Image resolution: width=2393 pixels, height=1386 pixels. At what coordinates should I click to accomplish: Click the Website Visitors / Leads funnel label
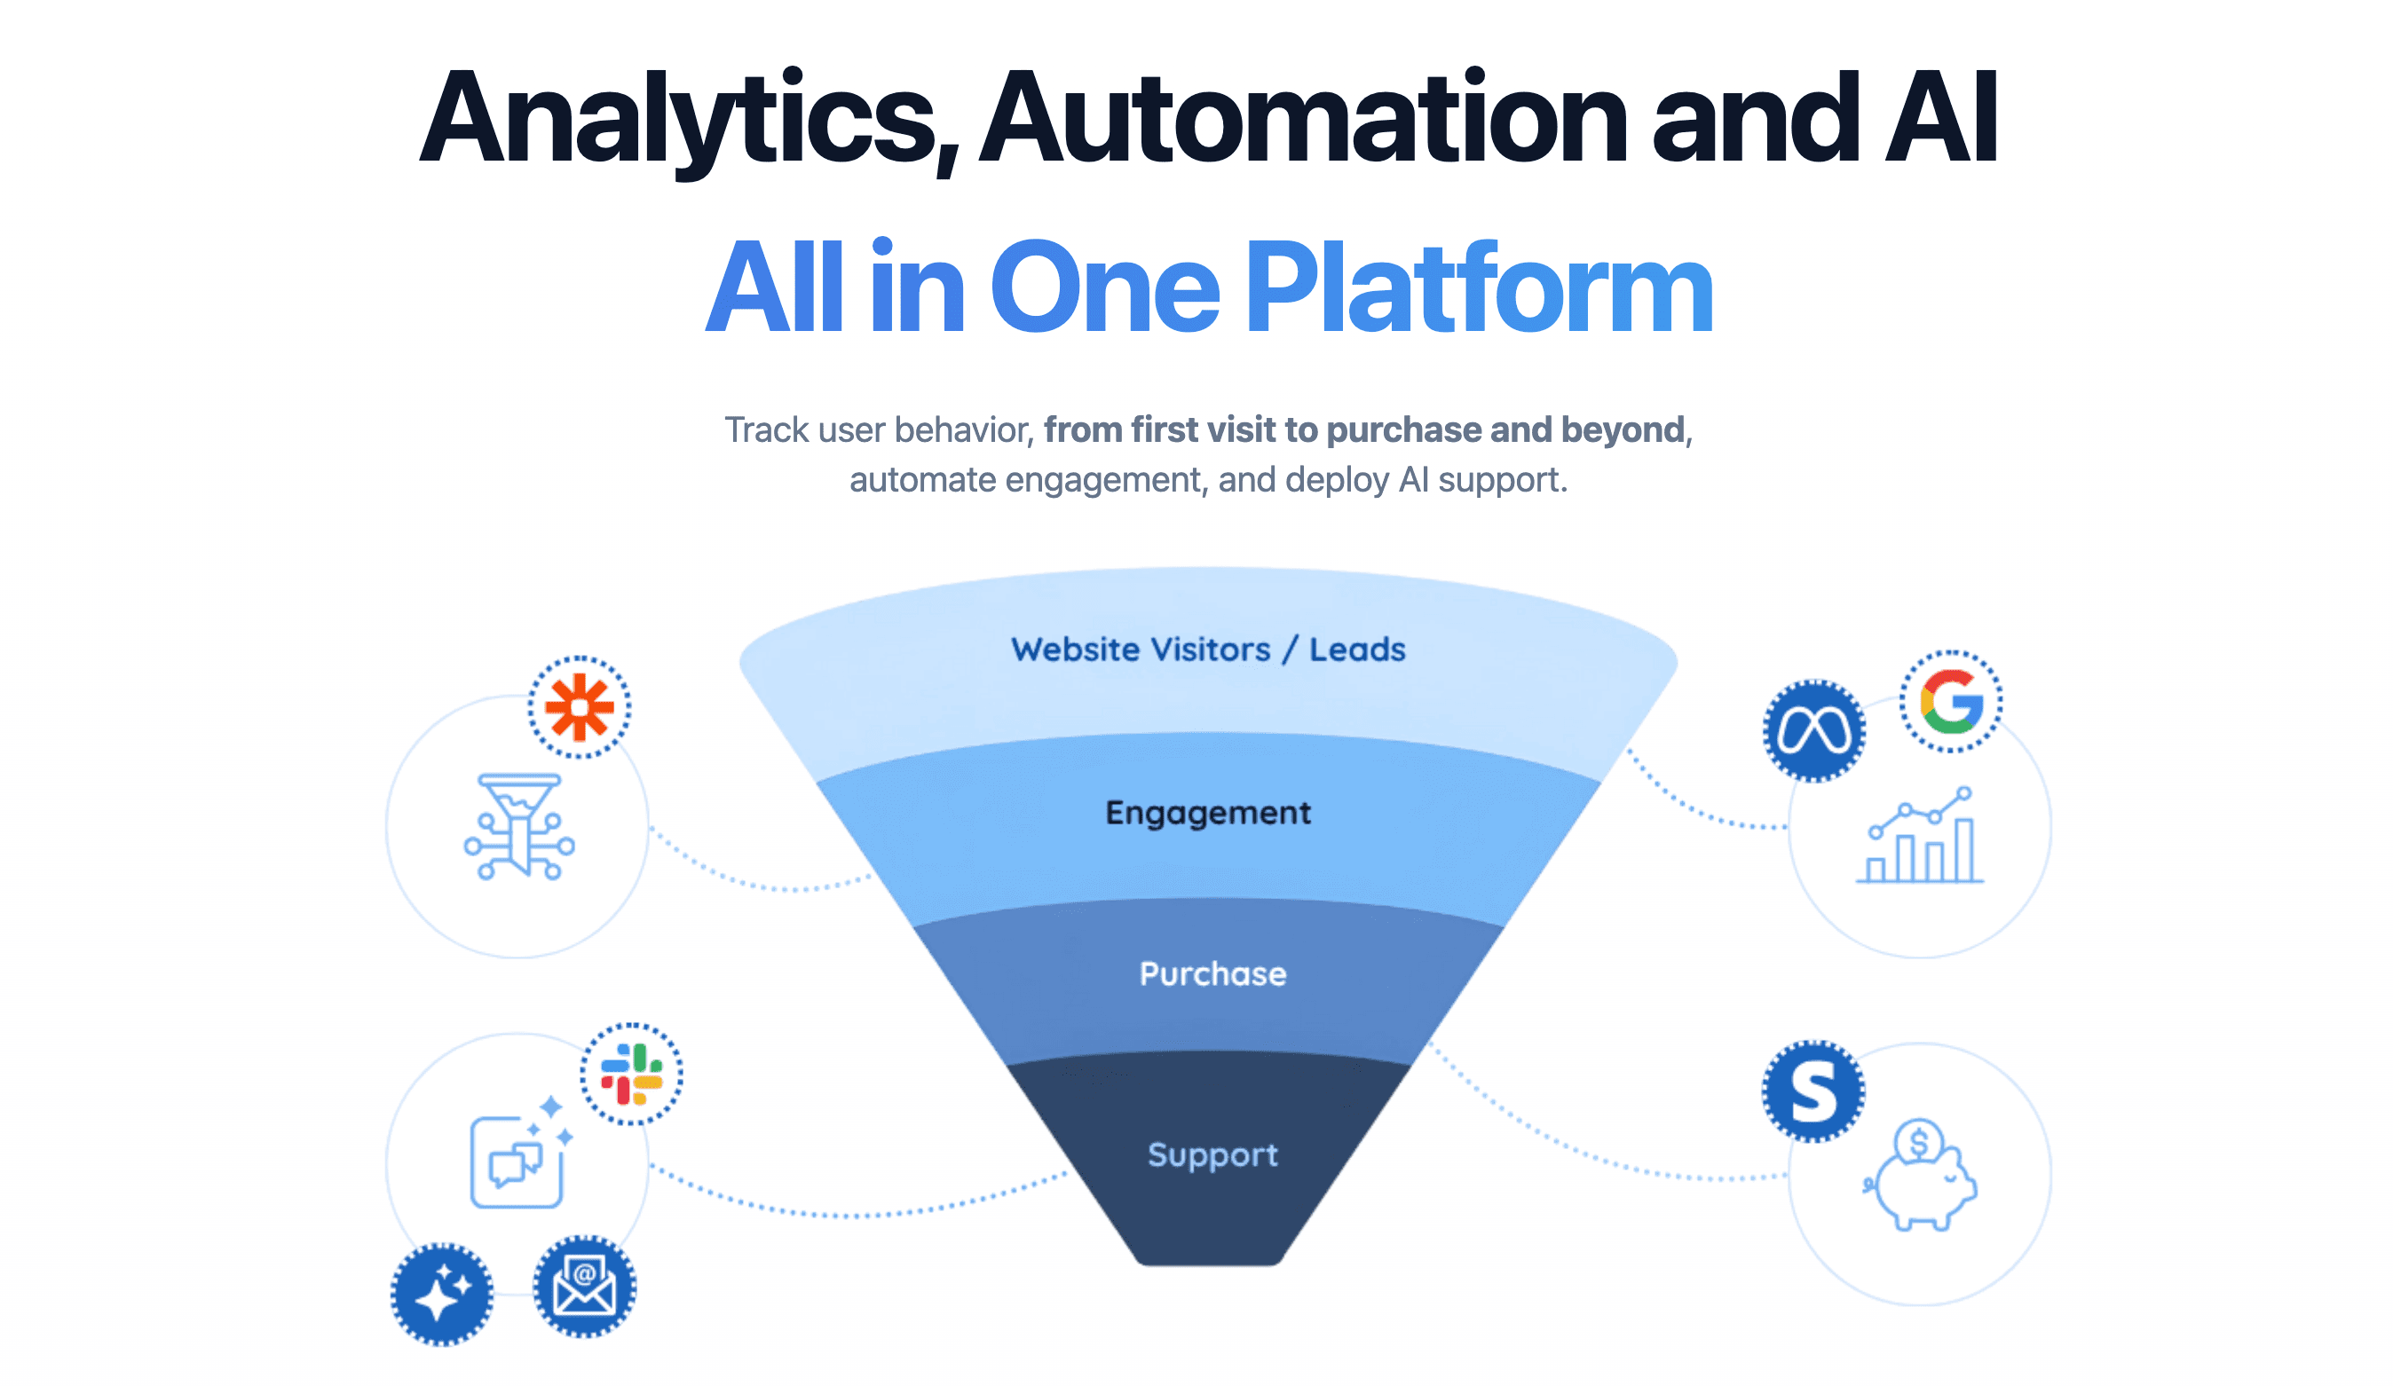pyautogui.click(x=1208, y=650)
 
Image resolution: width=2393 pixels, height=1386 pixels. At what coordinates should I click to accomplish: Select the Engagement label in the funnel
pyautogui.click(x=1208, y=813)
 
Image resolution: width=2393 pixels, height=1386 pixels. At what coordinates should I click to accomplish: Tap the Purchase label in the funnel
pyautogui.click(x=1212, y=974)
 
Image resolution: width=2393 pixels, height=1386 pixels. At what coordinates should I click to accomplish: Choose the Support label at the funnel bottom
pyautogui.click(x=1212, y=1154)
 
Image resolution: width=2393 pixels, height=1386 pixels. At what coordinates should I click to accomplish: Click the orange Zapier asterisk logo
pyautogui.click(x=579, y=707)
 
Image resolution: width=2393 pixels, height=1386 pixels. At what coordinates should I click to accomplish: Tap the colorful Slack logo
pyautogui.click(x=631, y=1074)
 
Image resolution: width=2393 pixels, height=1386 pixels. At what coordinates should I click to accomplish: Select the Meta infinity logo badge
pyautogui.click(x=1813, y=731)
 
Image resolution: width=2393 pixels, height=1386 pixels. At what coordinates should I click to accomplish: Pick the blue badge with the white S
pyautogui.click(x=1813, y=1091)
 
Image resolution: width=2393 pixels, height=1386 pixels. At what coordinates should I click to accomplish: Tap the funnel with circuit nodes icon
pyautogui.click(x=519, y=826)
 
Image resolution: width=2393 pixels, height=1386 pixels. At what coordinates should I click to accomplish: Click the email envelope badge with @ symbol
pyautogui.click(x=584, y=1287)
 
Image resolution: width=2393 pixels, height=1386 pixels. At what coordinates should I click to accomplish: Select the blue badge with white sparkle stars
pyautogui.click(x=441, y=1294)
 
